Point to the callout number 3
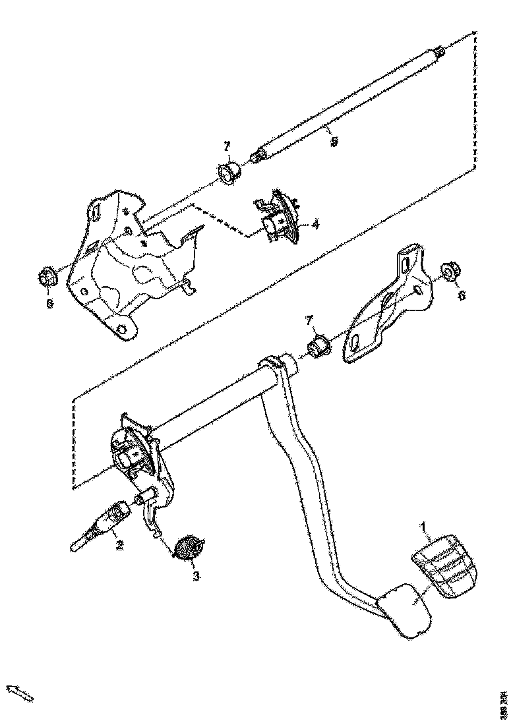(x=196, y=575)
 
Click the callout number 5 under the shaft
(x=334, y=141)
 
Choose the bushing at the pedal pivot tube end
(x=320, y=345)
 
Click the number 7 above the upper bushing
(x=227, y=145)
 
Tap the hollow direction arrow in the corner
(x=20, y=693)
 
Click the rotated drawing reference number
(x=504, y=703)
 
